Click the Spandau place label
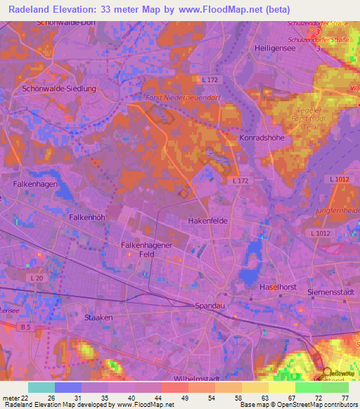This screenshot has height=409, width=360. (x=209, y=306)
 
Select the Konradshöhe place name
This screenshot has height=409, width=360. (x=262, y=138)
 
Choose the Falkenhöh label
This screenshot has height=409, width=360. (x=87, y=217)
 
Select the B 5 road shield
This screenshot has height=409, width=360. (x=27, y=327)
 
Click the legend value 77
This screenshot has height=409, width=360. (x=345, y=398)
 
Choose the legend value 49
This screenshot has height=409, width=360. (x=186, y=398)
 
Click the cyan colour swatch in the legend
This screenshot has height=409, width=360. (x=41, y=387)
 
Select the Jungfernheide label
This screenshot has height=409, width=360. (x=336, y=209)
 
